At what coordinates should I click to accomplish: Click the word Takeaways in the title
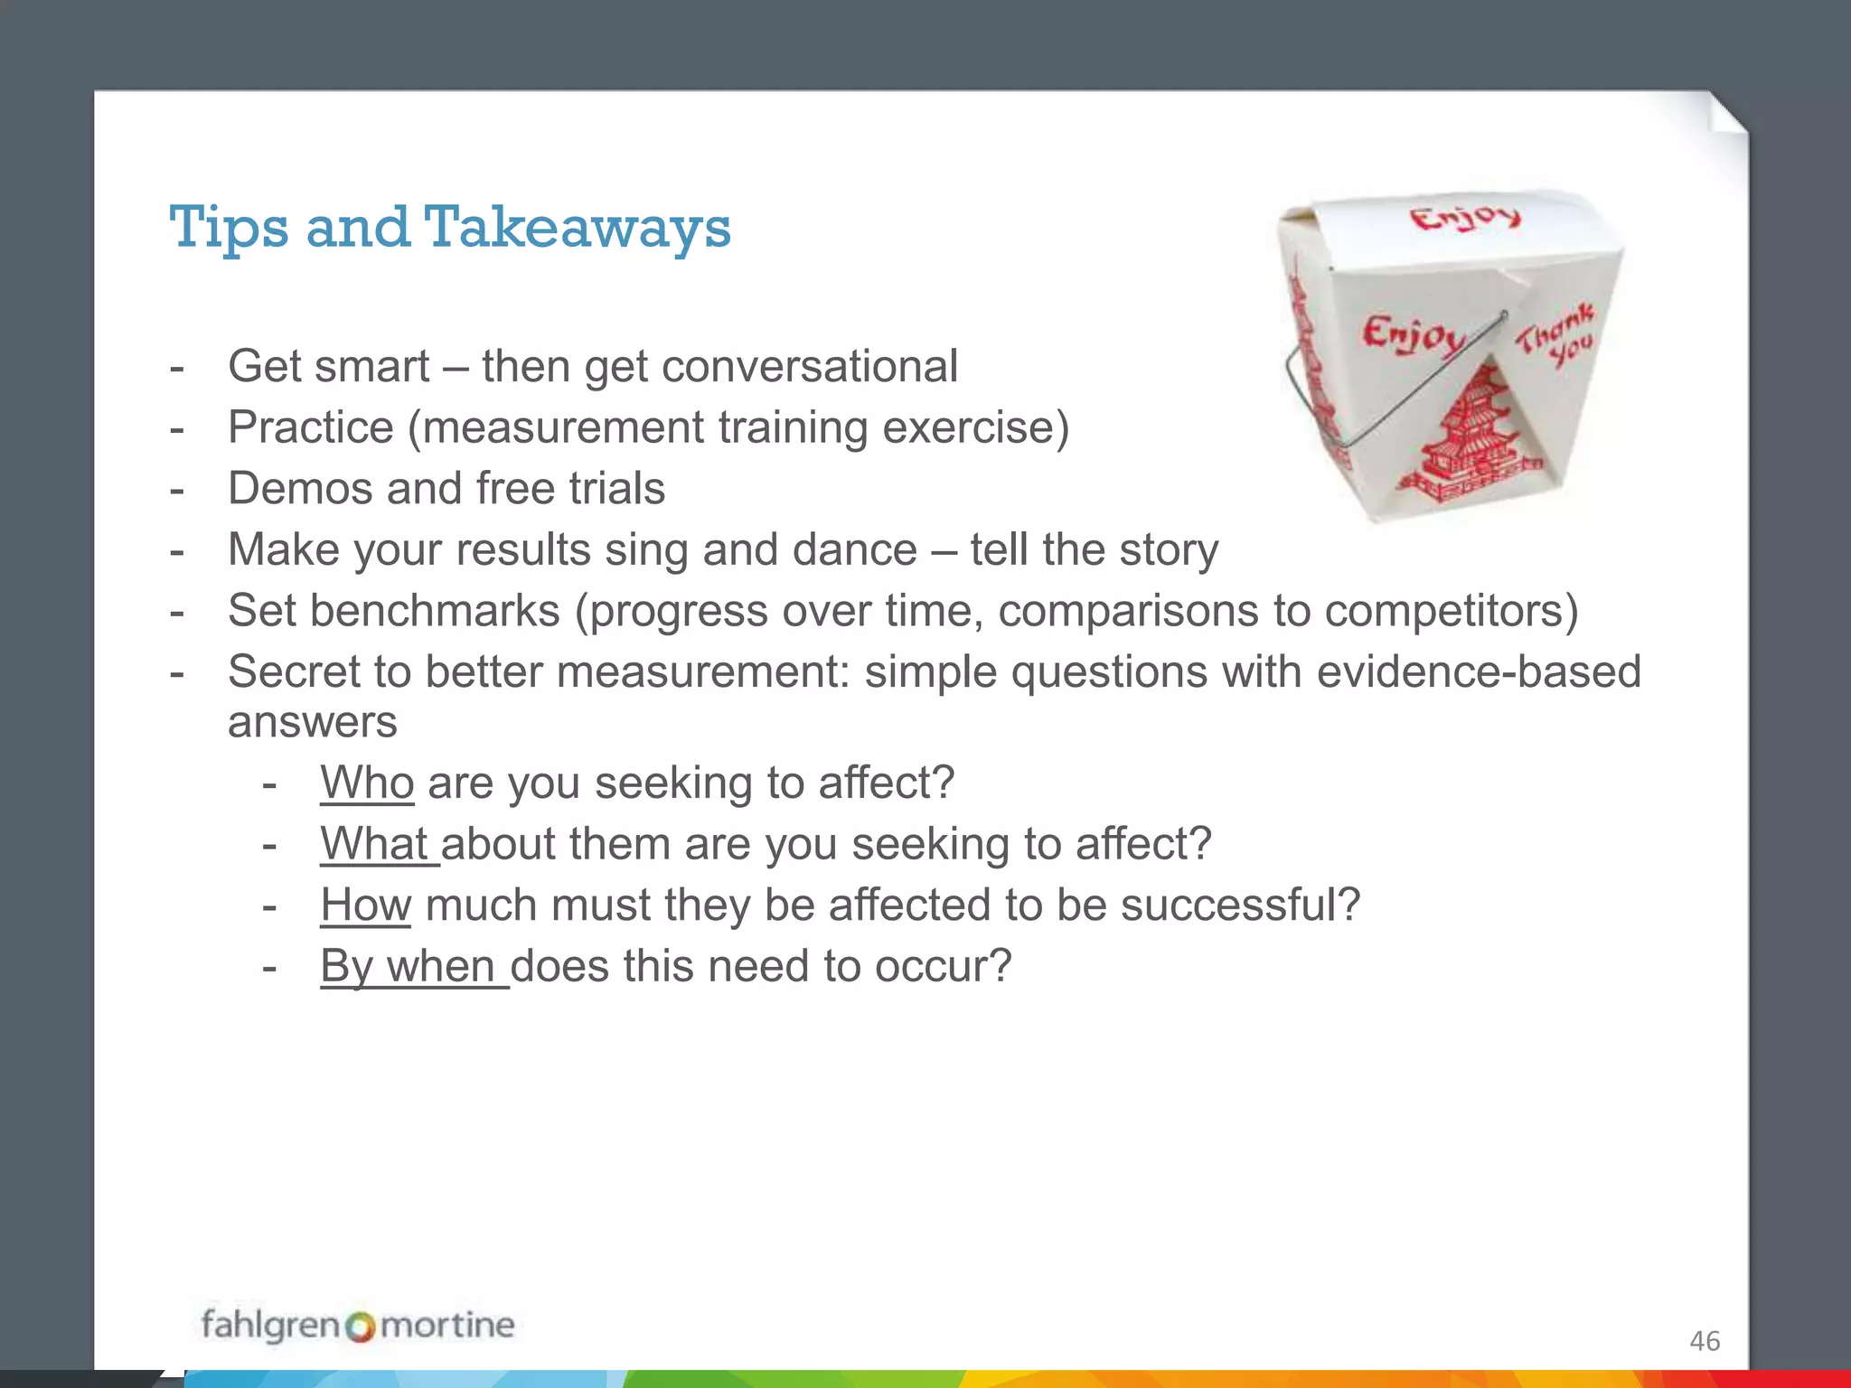(x=577, y=228)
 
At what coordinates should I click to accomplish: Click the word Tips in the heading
(x=230, y=228)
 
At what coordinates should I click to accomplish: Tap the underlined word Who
(x=367, y=783)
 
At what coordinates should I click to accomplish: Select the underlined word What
(x=374, y=844)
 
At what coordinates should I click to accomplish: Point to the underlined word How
(x=366, y=905)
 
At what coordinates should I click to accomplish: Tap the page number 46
(x=1705, y=1341)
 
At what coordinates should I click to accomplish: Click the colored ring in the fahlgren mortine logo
(x=360, y=1327)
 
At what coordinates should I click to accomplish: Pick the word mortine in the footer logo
(x=447, y=1326)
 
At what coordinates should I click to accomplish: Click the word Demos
(x=299, y=489)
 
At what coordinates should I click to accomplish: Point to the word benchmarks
(x=435, y=611)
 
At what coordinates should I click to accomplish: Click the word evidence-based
(x=1479, y=672)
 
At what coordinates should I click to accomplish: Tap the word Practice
(x=310, y=427)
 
